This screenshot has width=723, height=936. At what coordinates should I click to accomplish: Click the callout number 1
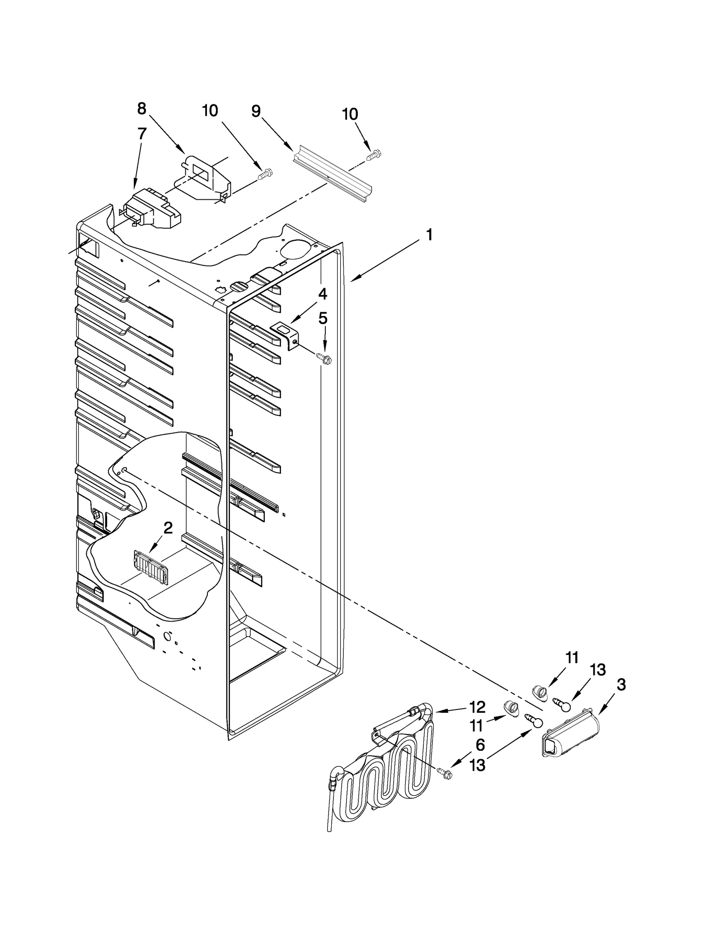[429, 235]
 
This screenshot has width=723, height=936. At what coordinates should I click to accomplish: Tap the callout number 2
[168, 527]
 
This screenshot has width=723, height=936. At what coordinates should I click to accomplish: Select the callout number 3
[621, 685]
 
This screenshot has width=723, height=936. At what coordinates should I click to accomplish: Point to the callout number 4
[322, 294]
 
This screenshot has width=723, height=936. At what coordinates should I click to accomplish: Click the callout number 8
[141, 108]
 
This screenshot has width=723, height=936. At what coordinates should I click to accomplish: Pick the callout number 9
[256, 111]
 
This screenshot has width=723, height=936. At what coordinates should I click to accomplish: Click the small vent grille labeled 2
[149, 568]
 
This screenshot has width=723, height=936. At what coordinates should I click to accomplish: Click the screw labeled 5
[325, 359]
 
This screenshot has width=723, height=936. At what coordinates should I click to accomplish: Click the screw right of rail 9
[373, 155]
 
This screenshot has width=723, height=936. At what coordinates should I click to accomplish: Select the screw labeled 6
[445, 774]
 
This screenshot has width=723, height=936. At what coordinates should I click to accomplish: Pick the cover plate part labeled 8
[206, 177]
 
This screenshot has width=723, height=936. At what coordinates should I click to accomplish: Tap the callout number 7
[141, 134]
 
